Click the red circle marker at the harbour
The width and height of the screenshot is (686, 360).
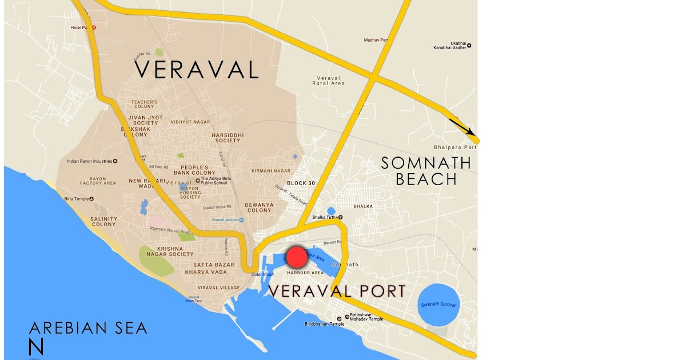(297, 258)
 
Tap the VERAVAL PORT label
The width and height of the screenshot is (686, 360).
(337, 291)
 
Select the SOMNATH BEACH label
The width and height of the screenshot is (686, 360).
(427, 171)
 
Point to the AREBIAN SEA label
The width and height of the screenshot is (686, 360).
(88, 328)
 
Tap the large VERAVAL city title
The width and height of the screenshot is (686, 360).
(197, 70)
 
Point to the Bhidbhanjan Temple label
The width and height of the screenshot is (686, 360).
(324, 324)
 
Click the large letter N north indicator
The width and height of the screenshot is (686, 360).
(36, 347)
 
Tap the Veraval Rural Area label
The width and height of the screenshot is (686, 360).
(329, 81)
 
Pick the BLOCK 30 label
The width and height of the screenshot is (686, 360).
(301, 183)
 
